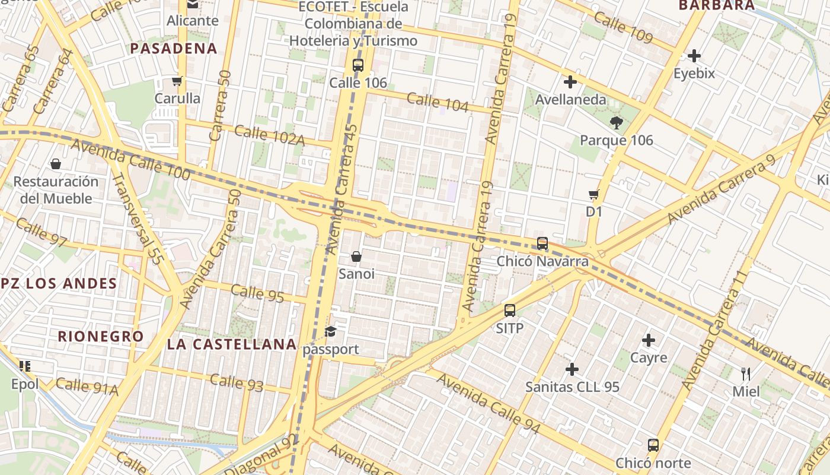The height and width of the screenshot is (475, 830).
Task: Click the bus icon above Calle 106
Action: point(357,65)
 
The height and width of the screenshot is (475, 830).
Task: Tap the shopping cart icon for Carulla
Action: point(177,81)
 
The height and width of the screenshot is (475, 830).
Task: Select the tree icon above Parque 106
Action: point(616,123)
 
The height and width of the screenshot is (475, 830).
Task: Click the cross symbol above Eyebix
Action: point(694,56)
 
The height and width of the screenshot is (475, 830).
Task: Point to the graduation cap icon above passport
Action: point(330,331)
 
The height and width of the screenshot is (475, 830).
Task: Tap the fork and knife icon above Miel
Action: point(746,374)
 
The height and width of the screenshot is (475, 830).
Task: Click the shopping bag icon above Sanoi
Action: point(356,256)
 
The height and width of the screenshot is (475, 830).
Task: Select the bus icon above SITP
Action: point(510,311)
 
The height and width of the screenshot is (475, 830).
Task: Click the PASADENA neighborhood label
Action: point(174,49)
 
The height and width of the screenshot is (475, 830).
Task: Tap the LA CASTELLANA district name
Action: point(232,344)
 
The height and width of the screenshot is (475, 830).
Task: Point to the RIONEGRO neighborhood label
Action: point(101,336)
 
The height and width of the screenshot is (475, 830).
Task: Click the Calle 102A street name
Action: point(269,136)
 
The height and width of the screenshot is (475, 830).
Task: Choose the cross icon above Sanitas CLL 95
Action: point(572,369)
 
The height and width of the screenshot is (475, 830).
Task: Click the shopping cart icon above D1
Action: point(593,194)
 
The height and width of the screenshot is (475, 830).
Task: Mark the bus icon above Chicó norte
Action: point(653,445)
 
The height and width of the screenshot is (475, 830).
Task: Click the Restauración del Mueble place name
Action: point(56,190)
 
